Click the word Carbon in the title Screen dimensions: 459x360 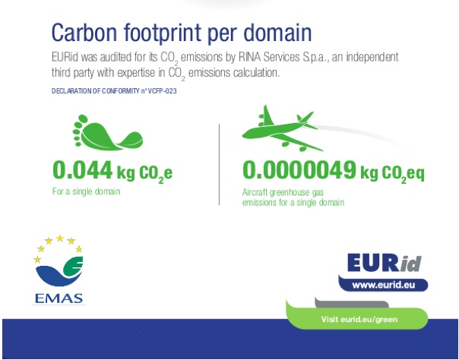click(84, 33)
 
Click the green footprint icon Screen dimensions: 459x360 click(108, 132)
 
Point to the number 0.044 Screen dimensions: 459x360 click(83, 170)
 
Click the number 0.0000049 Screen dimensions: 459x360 click(299, 170)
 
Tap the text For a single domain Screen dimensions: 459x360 click(86, 191)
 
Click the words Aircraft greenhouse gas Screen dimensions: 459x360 click(283, 192)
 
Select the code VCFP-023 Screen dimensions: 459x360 click(163, 91)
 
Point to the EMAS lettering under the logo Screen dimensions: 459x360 click(59, 298)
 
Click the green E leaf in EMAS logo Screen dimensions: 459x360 click(73, 266)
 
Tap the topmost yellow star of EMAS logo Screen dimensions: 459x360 click(60, 238)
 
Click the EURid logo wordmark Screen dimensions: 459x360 click(385, 263)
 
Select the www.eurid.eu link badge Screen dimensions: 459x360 click(384, 285)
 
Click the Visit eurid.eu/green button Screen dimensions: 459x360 click(359, 319)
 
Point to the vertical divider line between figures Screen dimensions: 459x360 click(220, 165)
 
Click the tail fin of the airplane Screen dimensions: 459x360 click(306, 117)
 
